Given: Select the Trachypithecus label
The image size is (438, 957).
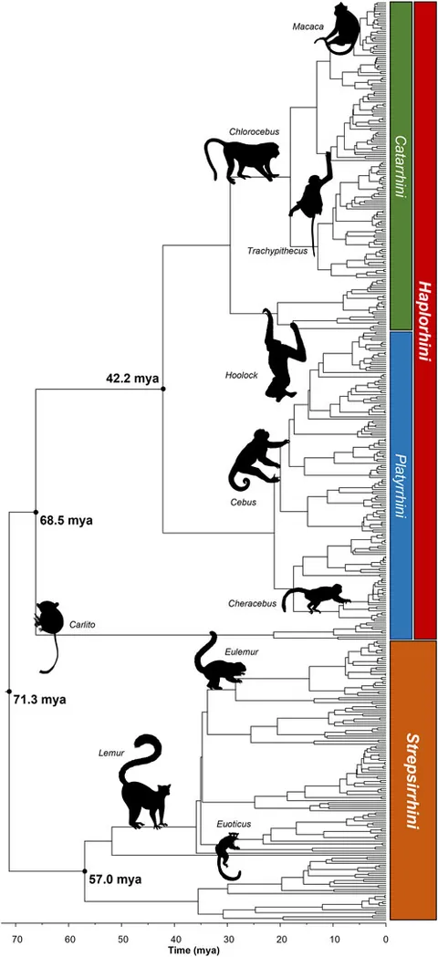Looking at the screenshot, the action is coord(277,251).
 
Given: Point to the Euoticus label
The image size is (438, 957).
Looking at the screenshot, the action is coord(234,823).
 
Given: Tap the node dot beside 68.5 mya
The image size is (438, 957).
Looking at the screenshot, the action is coord(36,512).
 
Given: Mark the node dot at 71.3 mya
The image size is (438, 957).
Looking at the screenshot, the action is coord(8,692).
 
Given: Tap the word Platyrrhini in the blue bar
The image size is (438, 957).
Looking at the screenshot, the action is coord(401,486).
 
